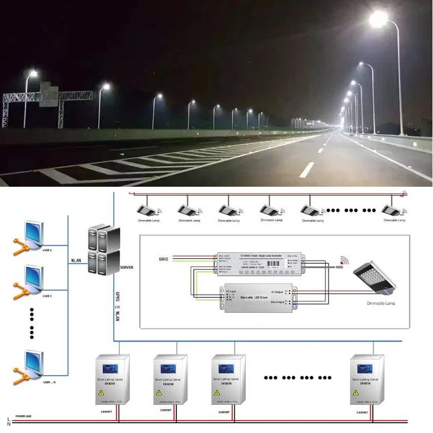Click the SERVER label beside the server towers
pos(126,267)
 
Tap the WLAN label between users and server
pos(76,260)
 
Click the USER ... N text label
pos(49,383)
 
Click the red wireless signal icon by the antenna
pos(343,261)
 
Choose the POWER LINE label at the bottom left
pos(23,416)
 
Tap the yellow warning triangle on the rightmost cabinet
pos(358,392)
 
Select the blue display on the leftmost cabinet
pos(106,368)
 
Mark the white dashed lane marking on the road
pos(306,169)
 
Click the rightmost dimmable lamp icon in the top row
pos(391,209)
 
